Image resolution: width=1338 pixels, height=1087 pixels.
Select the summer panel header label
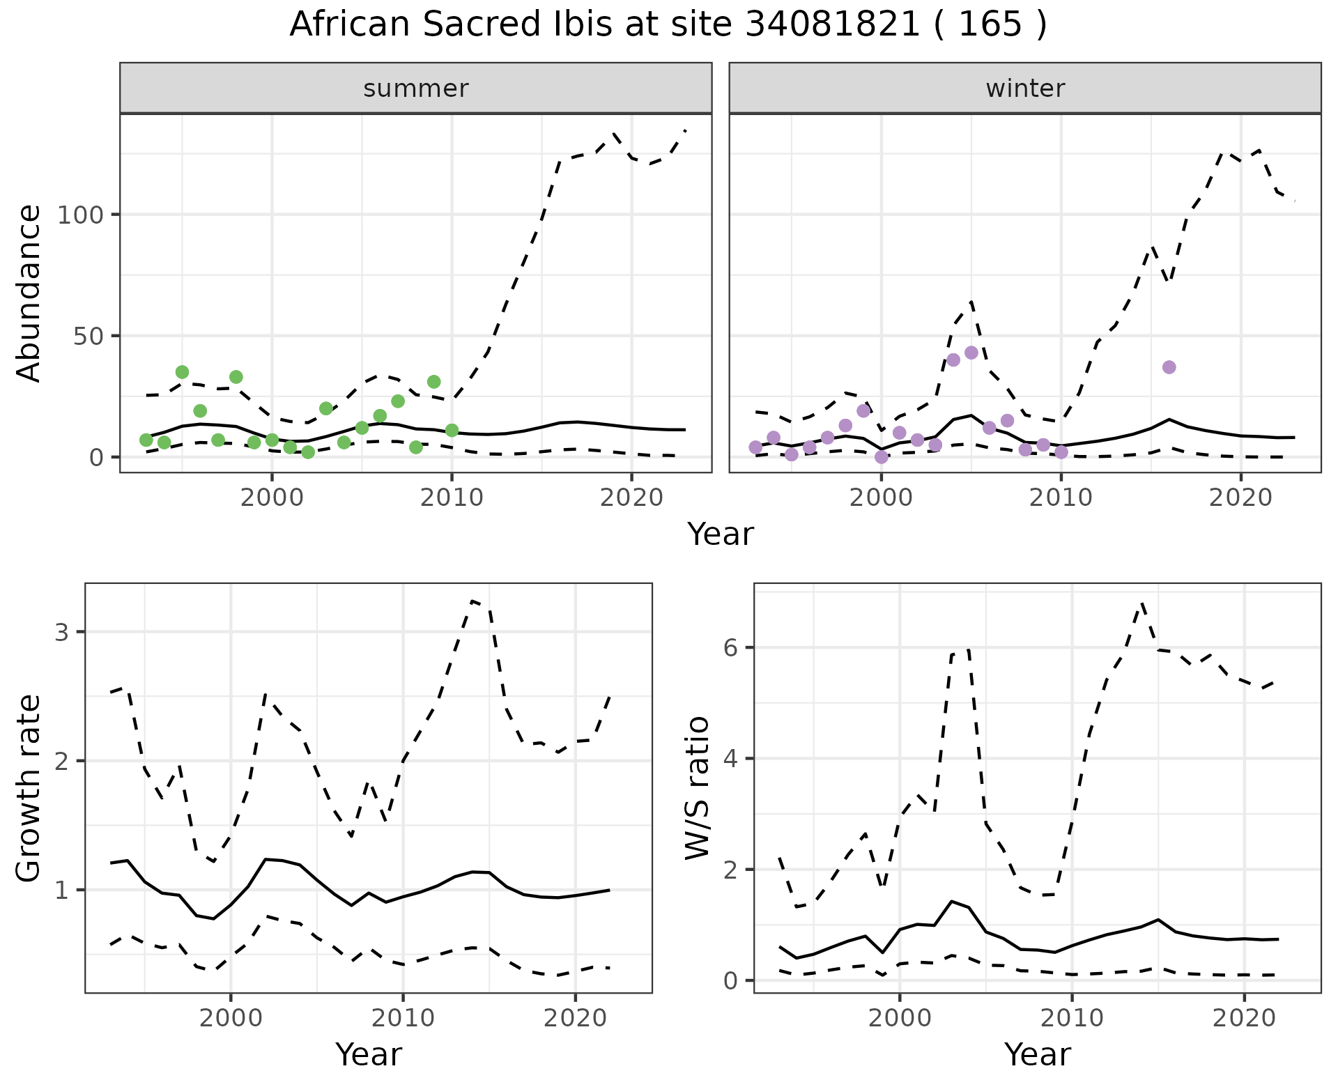click(x=416, y=88)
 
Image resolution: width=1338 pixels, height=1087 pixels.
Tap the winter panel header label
click(x=1025, y=88)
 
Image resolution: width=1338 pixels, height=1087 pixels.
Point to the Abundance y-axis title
click(x=29, y=293)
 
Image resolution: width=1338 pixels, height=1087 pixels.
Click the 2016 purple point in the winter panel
click(x=1169, y=367)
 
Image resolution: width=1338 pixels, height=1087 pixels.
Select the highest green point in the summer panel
click(x=182, y=372)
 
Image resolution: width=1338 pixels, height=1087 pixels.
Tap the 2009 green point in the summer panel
click(x=434, y=382)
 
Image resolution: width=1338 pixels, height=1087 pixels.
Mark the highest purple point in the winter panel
click(x=971, y=353)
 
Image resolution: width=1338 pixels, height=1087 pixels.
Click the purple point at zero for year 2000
click(x=882, y=457)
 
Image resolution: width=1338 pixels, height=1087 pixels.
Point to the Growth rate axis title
click(x=29, y=788)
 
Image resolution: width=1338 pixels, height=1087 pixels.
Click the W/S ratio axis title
click(x=698, y=788)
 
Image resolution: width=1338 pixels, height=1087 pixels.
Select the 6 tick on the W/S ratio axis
click(x=729, y=647)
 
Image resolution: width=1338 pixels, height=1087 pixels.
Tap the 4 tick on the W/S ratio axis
click(x=729, y=758)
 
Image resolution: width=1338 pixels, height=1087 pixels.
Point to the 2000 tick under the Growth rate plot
click(x=231, y=1018)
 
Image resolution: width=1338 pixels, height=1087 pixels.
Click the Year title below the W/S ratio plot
click(x=1038, y=1055)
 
